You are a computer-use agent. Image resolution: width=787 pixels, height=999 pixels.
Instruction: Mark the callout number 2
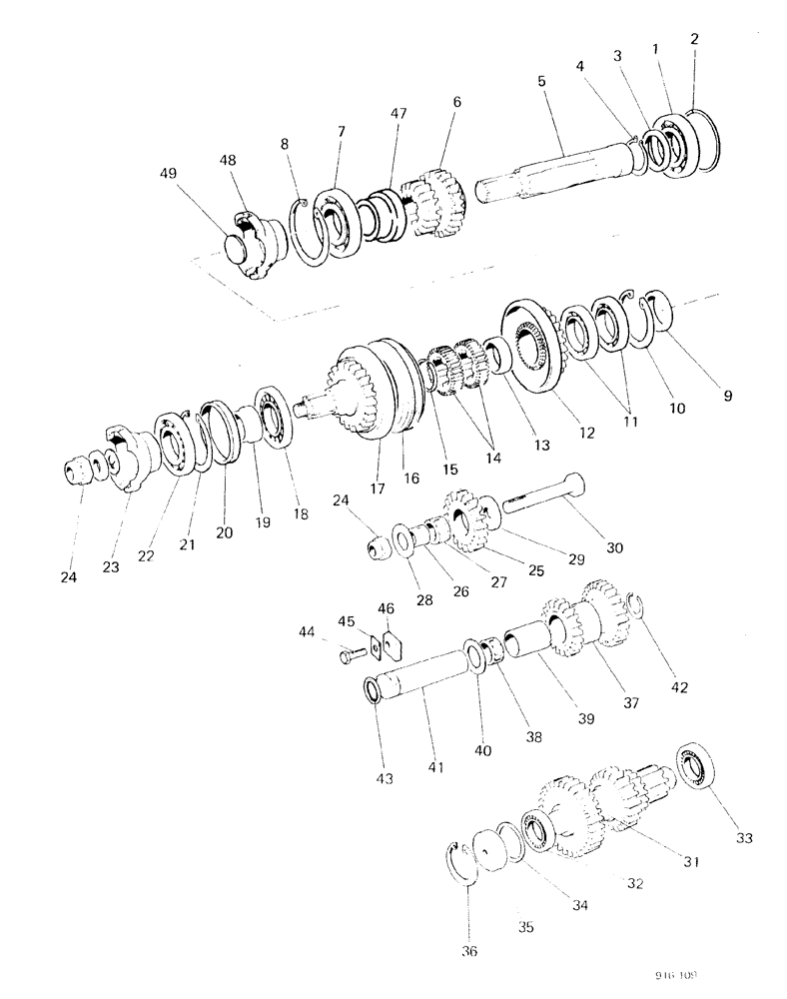(x=694, y=39)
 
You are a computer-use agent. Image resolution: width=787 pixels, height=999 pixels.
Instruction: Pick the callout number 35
(x=526, y=927)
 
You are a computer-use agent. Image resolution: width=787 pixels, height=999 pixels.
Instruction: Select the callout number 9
(x=726, y=395)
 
